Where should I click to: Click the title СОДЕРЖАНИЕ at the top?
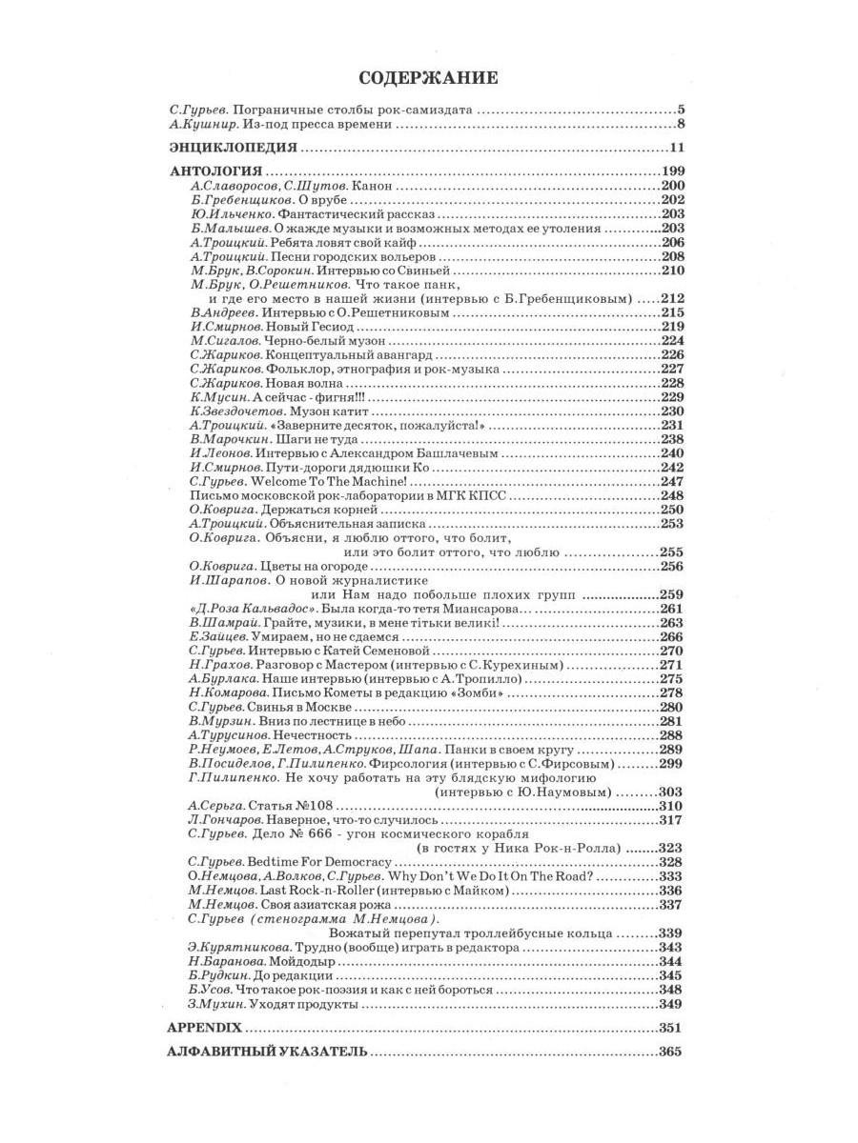428,76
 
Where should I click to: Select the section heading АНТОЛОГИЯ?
214,172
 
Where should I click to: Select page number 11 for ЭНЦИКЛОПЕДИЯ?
677,148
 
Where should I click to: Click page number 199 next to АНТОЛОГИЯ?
672,172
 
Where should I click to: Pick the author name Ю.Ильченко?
219,214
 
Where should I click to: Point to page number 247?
672,482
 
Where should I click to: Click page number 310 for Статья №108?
672,806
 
